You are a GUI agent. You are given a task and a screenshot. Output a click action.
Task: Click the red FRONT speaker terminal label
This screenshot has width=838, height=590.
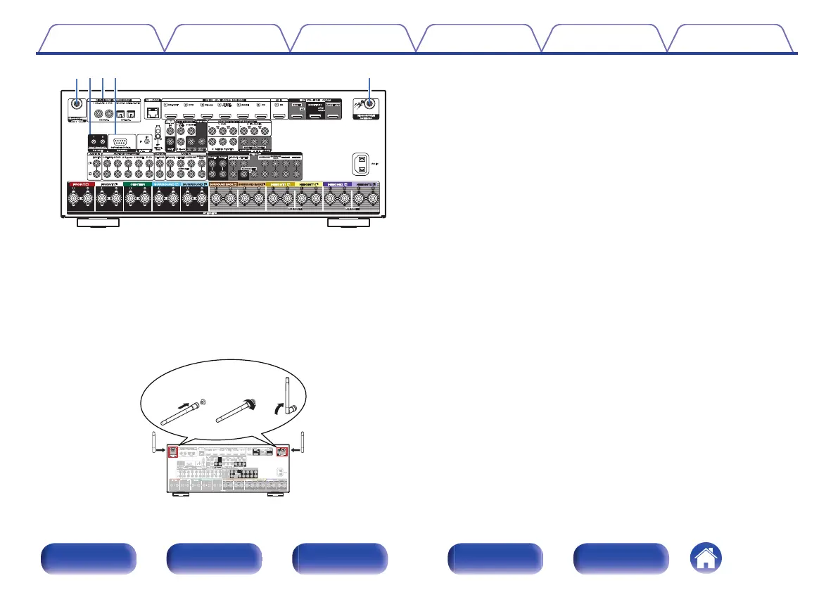[80, 186]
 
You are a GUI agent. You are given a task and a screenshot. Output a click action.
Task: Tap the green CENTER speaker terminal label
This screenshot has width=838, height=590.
[137, 186]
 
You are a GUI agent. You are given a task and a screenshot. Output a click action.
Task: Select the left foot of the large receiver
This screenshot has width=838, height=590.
[97, 223]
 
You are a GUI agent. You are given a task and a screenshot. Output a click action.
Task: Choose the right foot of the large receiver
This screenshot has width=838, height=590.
[350, 223]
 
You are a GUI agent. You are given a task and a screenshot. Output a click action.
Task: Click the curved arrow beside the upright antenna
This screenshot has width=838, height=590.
[281, 409]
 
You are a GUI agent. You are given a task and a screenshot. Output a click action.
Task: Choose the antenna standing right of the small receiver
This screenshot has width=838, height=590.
[303, 443]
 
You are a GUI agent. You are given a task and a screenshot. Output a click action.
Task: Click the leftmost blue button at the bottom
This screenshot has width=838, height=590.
[88, 559]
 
